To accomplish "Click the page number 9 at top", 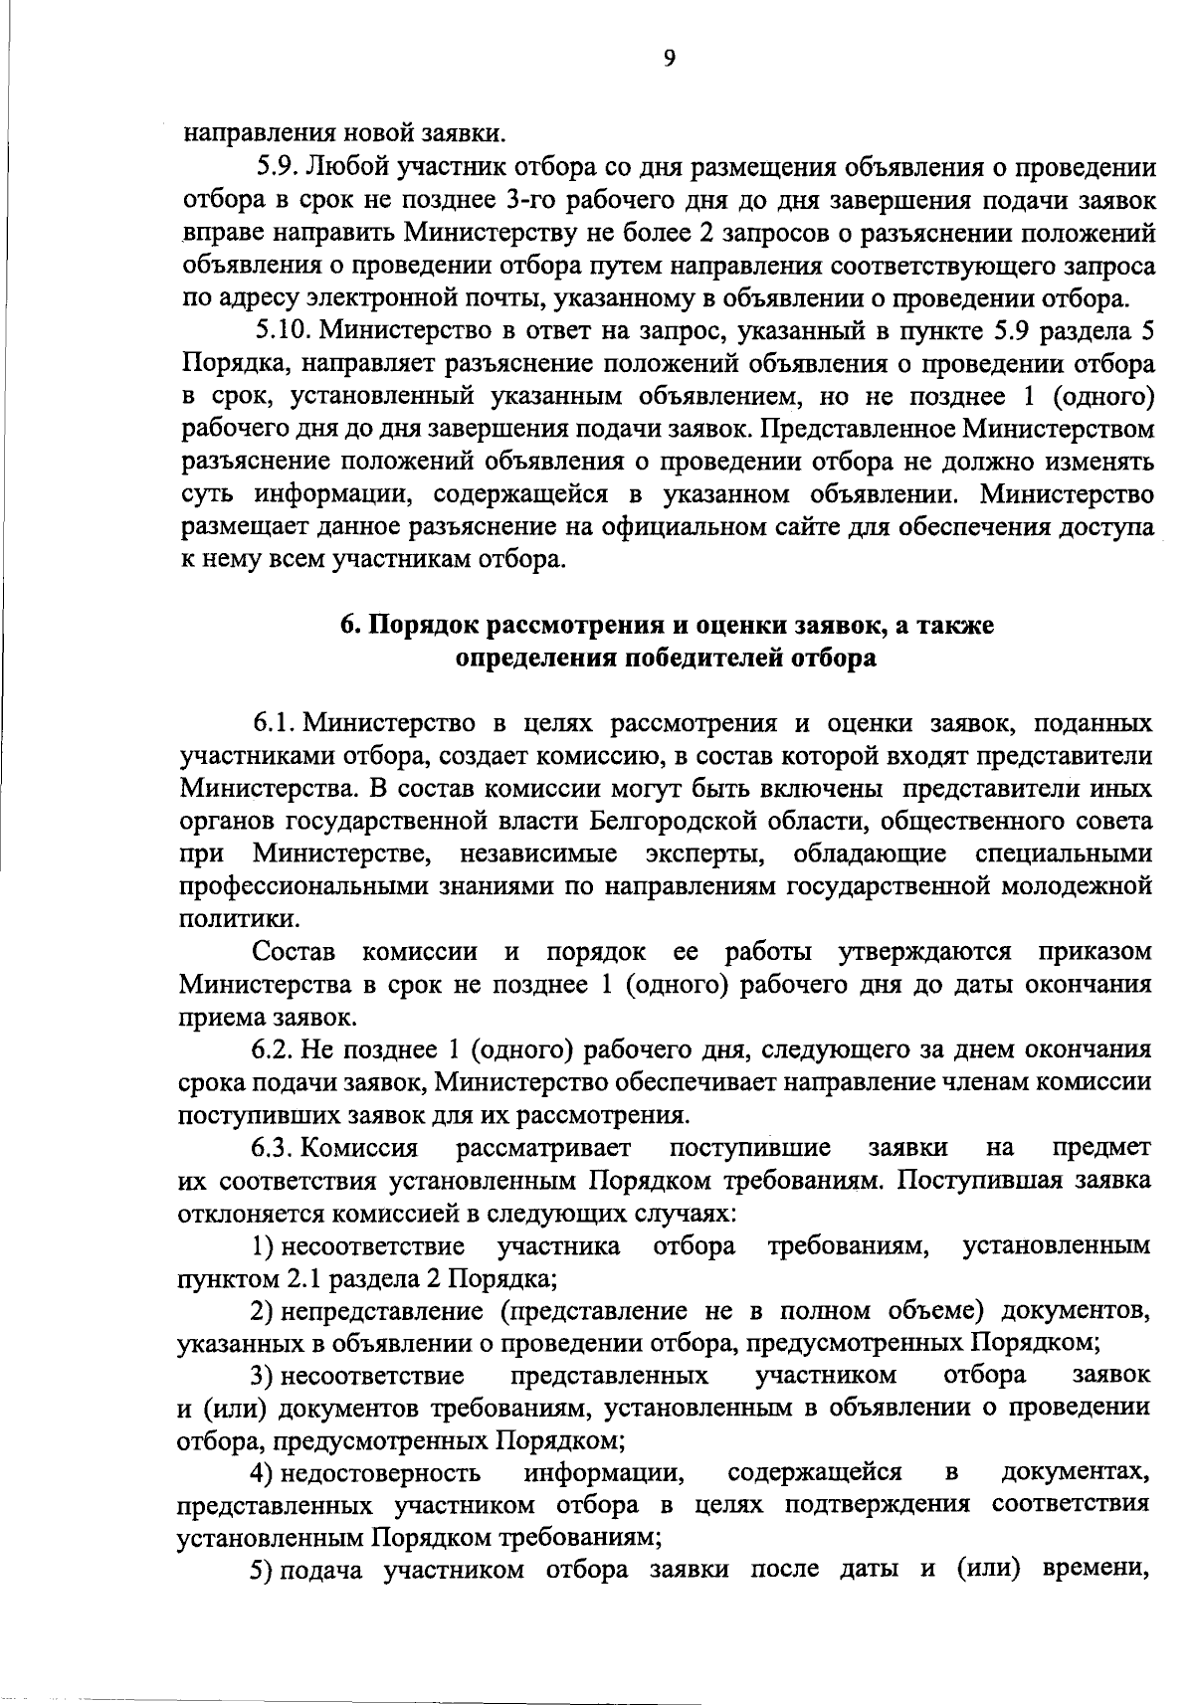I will (x=669, y=59).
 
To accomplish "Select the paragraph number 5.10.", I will (x=278, y=330).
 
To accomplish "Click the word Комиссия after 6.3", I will (x=359, y=1149).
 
